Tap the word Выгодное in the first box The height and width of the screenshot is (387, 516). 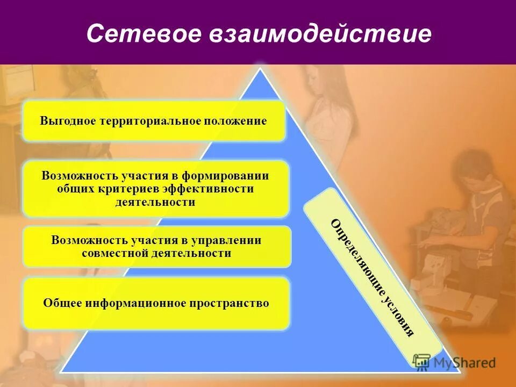pyautogui.click(x=67, y=121)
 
